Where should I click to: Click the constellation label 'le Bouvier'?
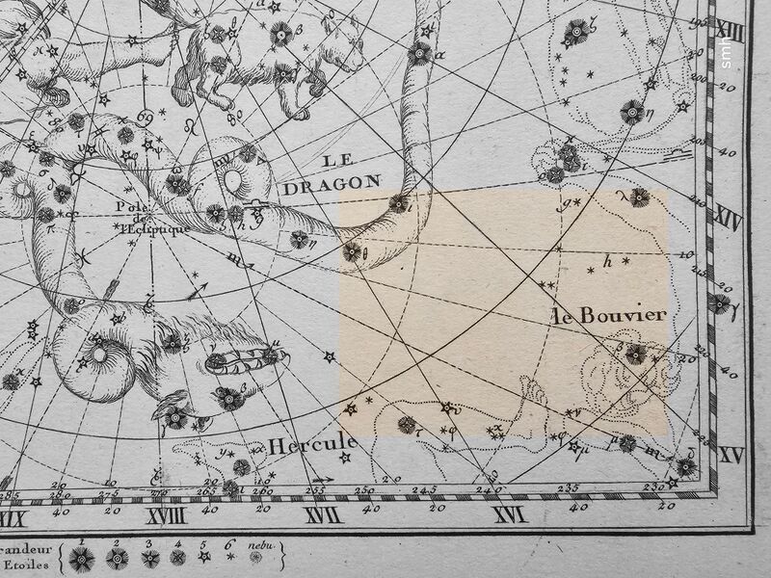point(609,316)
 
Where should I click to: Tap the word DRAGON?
point(332,182)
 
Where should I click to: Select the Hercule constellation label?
point(312,446)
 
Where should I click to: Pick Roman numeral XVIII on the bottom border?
point(166,517)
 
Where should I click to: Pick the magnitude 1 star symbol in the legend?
point(82,559)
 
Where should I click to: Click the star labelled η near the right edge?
point(632,112)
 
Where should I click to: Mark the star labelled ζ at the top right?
point(577,33)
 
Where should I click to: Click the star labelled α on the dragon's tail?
point(420,53)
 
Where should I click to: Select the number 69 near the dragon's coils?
point(146,118)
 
